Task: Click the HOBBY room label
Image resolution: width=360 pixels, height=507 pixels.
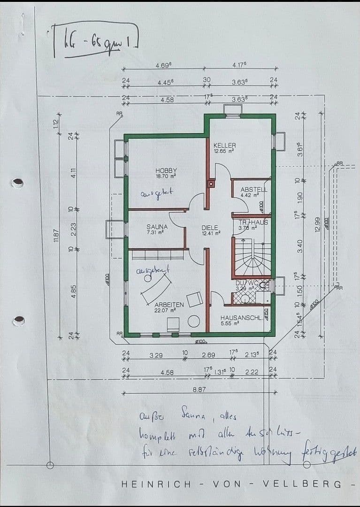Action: (166, 170)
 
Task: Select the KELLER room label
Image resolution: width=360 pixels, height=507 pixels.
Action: (224, 146)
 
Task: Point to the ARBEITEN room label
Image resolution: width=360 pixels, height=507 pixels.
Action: (169, 305)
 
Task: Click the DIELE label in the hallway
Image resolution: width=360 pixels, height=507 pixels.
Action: (210, 228)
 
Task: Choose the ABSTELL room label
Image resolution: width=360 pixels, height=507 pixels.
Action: (253, 189)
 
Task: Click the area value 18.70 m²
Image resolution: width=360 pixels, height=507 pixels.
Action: (166, 176)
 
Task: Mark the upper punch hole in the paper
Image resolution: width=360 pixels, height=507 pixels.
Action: (17, 183)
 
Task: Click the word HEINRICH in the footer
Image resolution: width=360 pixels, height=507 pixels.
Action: (152, 484)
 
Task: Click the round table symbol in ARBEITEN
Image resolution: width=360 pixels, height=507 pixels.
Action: (194, 322)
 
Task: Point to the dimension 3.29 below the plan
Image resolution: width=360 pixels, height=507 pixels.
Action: (156, 355)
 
